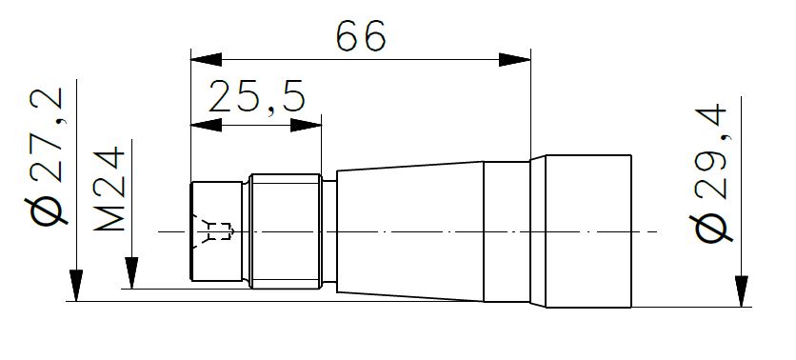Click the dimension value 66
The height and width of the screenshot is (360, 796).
click(x=361, y=36)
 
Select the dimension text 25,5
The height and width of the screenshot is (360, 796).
click(x=257, y=97)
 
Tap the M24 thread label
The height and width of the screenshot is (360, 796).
click(x=109, y=189)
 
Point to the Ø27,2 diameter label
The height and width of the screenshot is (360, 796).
click(x=47, y=156)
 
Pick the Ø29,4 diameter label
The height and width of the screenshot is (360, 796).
click(x=710, y=172)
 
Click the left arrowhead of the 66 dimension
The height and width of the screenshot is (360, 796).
click(x=206, y=59)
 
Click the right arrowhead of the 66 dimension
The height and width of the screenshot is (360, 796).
click(x=515, y=59)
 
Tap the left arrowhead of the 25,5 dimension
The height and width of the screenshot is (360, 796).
click(x=206, y=125)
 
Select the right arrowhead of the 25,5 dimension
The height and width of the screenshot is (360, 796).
click(x=306, y=125)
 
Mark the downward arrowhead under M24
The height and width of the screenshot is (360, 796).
click(x=131, y=273)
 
